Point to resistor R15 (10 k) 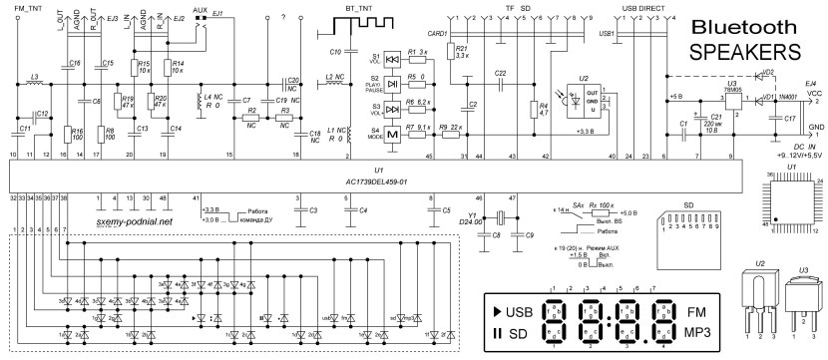tap(135, 67)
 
